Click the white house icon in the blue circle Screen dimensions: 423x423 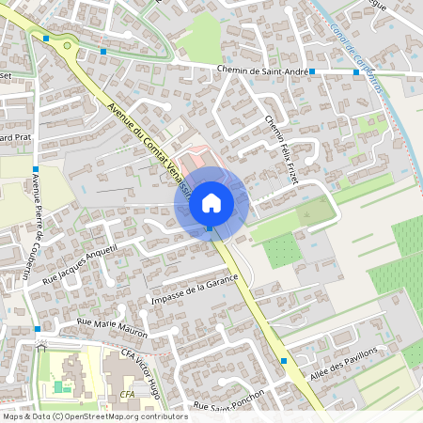click(x=211, y=201)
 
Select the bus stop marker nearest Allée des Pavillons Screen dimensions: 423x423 click(x=284, y=360)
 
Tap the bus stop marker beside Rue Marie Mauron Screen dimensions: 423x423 click(x=37, y=329)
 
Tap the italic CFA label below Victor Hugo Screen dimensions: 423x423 click(x=128, y=393)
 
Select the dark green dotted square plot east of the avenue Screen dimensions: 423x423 click(x=280, y=249)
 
